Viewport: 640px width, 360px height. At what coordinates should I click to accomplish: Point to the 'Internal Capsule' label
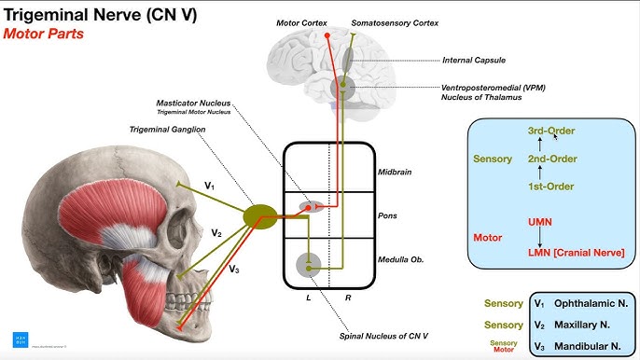point(474,61)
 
